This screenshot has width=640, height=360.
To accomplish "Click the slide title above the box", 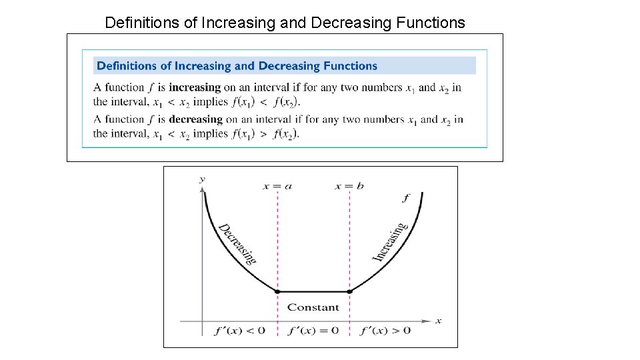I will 285,23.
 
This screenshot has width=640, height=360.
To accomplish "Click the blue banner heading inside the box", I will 237,65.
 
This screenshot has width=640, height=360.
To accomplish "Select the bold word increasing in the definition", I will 194,87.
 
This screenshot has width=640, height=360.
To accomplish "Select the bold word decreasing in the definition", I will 195,119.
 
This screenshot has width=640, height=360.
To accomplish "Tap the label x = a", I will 277,186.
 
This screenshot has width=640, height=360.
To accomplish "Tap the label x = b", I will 349,186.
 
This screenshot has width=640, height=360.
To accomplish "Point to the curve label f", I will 406,198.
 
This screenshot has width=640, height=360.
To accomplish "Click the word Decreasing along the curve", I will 237,243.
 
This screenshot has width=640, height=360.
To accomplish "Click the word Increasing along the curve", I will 389,242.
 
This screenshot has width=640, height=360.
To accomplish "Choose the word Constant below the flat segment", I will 313,307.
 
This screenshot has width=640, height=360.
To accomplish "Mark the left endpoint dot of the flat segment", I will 277,291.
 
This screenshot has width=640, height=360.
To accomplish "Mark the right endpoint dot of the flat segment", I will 349,291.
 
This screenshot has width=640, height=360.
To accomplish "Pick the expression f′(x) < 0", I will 239,331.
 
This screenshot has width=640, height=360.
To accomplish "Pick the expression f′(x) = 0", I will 313,331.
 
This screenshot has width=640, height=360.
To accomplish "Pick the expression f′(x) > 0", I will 385,331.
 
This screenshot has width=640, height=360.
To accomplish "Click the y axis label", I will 201,179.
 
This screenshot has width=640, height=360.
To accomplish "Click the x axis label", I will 438,321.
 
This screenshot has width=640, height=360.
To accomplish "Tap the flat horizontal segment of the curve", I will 313,291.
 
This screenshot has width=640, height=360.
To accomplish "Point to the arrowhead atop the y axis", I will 201,189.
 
